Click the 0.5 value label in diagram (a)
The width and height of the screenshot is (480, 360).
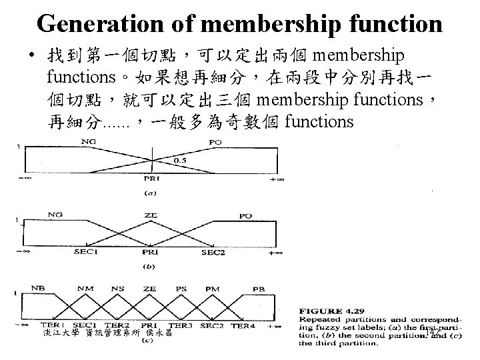click(180, 161)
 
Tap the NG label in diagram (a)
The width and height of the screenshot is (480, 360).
click(87, 141)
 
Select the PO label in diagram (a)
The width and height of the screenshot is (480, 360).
click(216, 141)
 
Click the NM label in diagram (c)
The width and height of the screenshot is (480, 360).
click(84, 289)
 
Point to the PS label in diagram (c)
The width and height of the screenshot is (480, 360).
click(180, 289)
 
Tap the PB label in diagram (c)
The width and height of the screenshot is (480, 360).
click(259, 289)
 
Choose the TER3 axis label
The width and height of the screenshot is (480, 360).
click(179, 325)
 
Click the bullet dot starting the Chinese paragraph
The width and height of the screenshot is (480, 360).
click(32, 54)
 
